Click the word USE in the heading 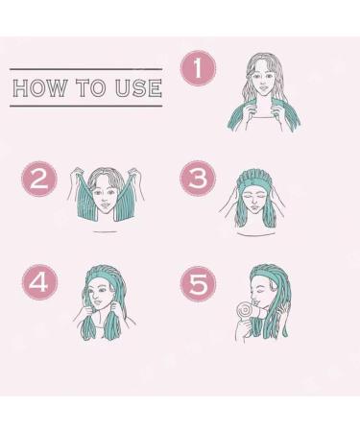point(138,89)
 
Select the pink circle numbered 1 point(198,69)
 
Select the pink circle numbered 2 point(39,180)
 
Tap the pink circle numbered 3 point(198,180)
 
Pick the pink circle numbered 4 point(39,281)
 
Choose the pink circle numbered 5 point(198,284)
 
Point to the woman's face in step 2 point(106,196)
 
